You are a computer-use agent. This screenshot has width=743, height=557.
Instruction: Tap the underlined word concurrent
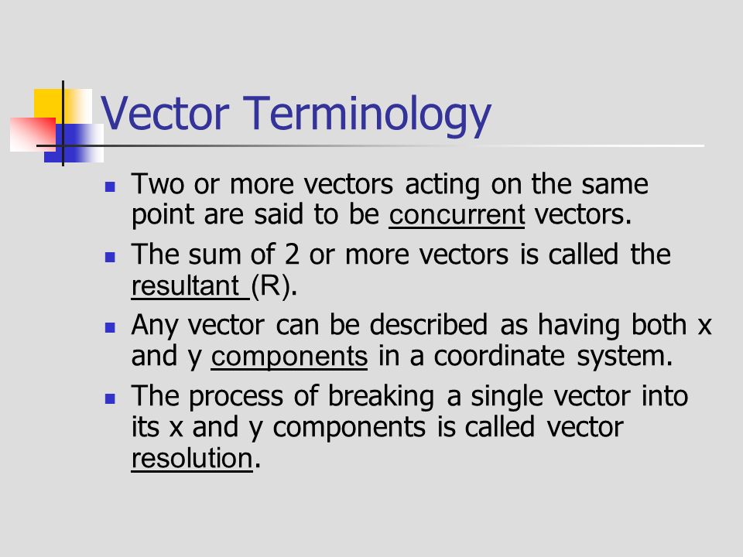pos(457,215)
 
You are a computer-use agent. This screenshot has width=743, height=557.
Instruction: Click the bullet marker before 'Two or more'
pos(110,187)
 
